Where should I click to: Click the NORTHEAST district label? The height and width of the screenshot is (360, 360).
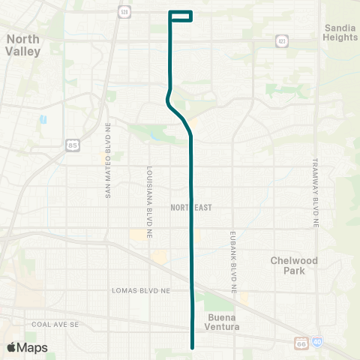(191, 206)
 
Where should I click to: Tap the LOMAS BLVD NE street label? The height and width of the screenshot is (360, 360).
(142, 289)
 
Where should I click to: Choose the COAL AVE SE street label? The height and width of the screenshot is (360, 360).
(55, 324)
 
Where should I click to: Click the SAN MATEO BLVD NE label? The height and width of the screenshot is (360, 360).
(108, 172)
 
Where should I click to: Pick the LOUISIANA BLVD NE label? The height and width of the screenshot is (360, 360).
(149, 197)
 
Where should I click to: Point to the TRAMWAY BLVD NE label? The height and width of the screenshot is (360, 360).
(316, 193)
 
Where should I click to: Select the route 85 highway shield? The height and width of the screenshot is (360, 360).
(73, 144)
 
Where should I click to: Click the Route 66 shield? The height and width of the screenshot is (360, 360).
(301, 343)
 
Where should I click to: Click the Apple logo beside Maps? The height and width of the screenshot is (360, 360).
(11, 347)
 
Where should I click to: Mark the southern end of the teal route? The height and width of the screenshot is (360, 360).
(193, 347)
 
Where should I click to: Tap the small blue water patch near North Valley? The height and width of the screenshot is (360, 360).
(43, 118)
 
